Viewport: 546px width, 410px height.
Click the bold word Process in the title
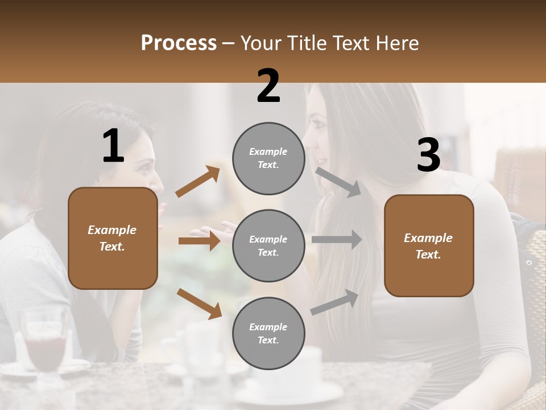click(x=179, y=43)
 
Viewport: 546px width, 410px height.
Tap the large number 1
click(x=113, y=146)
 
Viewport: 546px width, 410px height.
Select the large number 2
click(x=268, y=86)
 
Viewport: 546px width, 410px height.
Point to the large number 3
click(x=428, y=155)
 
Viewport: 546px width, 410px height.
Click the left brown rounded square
click(x=113, y=238)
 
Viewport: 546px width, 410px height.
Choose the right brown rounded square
click(x=429, y=246)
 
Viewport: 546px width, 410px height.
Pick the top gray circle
click(x=268, y=158)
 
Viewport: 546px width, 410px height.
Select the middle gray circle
click(x=268, y=245)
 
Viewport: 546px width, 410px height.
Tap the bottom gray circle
click(x=268, y=333)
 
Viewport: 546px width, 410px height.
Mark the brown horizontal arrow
click(x=199, y=241)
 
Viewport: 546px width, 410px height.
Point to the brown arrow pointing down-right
click(x=199, y=303)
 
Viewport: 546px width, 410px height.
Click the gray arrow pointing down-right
click(x=338, y=182)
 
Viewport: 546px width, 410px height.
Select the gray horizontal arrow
click(x=337, y=239)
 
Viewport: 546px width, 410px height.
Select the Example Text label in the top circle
click(x=268, y=158)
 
